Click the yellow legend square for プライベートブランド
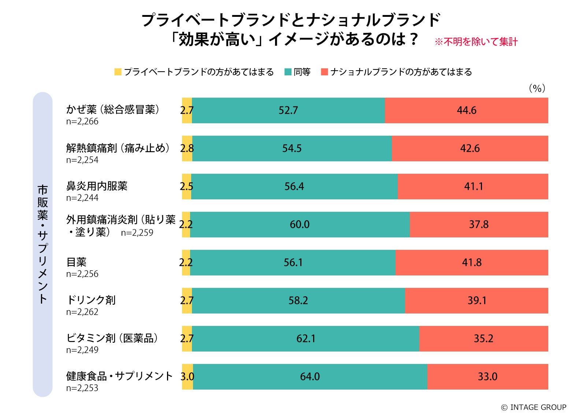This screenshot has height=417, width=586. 118,72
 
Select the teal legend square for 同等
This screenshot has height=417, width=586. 288,72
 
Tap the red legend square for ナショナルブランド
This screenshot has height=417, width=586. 324,72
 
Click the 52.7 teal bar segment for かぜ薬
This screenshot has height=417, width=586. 288,110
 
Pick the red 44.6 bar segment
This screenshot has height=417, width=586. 466,110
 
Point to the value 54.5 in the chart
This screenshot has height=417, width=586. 292,149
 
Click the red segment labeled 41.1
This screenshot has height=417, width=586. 473,187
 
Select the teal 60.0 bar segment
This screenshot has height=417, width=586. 300,225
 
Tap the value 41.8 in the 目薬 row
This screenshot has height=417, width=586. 472,263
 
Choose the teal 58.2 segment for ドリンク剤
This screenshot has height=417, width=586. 298,301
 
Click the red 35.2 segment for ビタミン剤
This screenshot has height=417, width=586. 483,339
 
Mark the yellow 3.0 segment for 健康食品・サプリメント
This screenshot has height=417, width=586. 188,377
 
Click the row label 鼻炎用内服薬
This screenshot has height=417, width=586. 97,186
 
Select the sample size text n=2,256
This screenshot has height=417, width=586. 82,274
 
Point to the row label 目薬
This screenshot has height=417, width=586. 76,262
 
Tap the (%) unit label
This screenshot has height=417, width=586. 537,89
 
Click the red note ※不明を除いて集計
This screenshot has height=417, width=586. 476,42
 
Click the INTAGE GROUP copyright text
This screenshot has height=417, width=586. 534,407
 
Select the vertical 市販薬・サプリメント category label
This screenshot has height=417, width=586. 42,244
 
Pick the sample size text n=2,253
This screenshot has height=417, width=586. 82,388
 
